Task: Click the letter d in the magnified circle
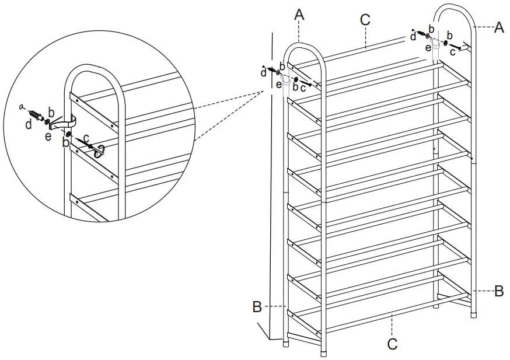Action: point(29,124)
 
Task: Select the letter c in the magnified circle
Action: point(86,137)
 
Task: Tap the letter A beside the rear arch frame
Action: point(499,27)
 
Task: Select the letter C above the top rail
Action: point(365,19)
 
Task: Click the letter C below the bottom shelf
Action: point(393,344)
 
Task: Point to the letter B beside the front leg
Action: point(257,306)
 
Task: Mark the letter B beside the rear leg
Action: point(499,291)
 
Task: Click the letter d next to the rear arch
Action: point(413,37)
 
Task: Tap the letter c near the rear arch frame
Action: point(452,52)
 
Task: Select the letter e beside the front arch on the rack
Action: point(280,85)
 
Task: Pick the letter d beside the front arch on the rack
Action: point(263,73)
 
